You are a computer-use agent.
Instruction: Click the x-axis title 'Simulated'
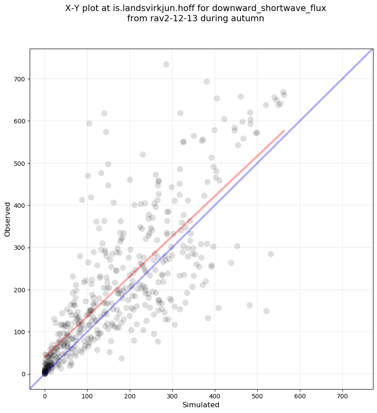pyautogui.click(x=201, y=405)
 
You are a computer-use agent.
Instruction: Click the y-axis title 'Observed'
pyautogui.click(x=8, y=219)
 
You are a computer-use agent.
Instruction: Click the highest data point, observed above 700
pyautogui.click(x=166, y=64)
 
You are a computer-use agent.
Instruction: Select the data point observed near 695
pyautogui.click(x=206, y=81)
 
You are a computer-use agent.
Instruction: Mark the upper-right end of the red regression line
pyautogui.click(x=284, y=130)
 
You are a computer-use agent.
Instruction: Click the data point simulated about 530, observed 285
pyautogui.click(x=271, y=254)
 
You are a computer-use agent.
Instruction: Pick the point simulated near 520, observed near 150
pyautogui.click(x=266, y=311)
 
